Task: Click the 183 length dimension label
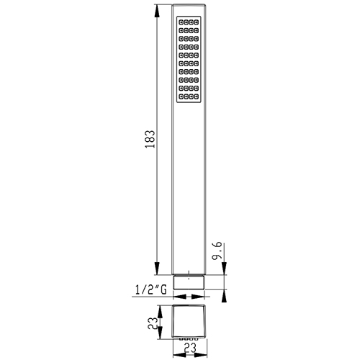(x=150, y=139)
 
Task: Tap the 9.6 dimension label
(x=217, y=251)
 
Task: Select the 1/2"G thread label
(x=150, y=289)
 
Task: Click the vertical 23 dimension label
(x=153, y=323)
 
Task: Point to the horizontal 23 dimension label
(x=190, y=348)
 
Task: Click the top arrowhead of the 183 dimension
(x=157, y=11)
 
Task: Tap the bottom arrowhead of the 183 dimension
(x=157, y=269)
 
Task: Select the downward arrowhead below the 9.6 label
(x=224, y=269)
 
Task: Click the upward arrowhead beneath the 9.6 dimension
(x=224, y=296)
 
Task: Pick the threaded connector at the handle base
(x=189, y=282)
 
